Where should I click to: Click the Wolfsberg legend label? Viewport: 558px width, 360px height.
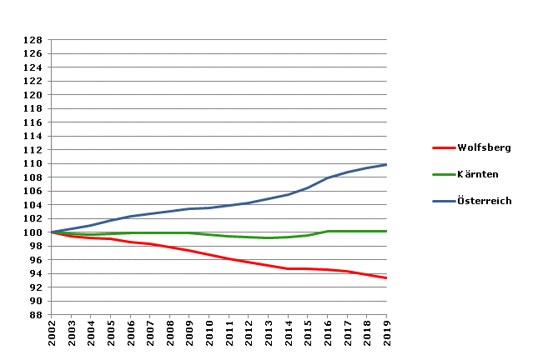click(484, 147)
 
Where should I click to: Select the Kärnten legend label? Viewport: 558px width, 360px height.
click(479, 174)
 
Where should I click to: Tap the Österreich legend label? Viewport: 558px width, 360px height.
click(485, 201)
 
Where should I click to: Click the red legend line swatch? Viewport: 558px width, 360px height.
click(443, 147)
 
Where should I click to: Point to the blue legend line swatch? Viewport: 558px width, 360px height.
click(443, 201)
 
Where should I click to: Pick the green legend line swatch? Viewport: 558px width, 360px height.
click(443, 174)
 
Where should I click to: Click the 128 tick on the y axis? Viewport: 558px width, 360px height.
click(33, 40)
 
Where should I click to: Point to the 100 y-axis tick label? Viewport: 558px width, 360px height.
click(33, 232)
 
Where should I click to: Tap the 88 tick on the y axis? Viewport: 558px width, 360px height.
click(35, 315)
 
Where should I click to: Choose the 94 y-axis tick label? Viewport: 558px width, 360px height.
click(35, 273)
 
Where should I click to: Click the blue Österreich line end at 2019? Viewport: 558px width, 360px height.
click(386, 164)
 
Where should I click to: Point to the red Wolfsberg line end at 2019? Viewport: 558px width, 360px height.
click(386, 277)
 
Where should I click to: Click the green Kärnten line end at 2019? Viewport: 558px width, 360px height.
click(386, 231)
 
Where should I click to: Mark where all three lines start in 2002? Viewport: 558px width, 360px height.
click(52, 232)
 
